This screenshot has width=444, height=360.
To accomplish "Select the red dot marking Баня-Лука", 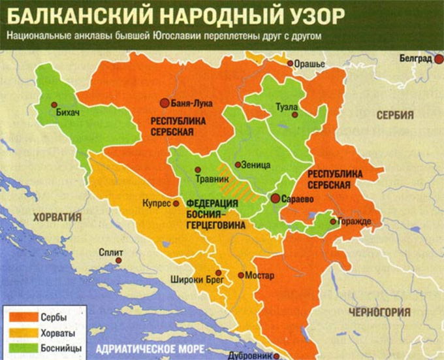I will (x=165, y=103).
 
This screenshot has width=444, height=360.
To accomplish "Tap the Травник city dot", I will (x=200, y=167).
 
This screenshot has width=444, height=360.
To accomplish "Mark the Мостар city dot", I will (x=241, y=276).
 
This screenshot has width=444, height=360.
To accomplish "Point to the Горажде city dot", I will (x=334, y=221).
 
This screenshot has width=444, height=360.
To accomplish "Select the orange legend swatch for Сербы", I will (x=20, y=318).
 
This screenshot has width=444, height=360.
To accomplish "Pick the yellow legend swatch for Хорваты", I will (x=20, y=333).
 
